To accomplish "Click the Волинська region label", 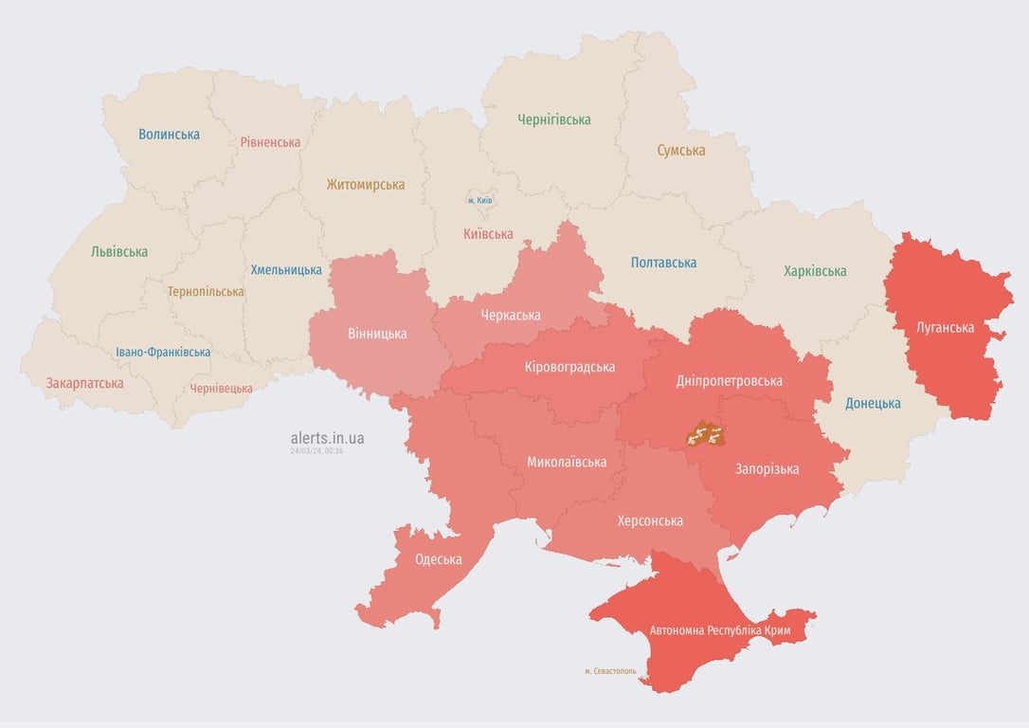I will [x=169, y=135].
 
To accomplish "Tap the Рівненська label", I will [x=270, y=142].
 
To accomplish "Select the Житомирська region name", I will [x=365, y=185].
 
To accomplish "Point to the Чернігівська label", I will [x=553, y=119].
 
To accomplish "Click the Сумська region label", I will [x=680, y=151].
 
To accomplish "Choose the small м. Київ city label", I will [x=479, y=200].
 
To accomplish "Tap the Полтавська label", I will [x=663, y=263].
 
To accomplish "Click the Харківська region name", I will [x=815, y=271].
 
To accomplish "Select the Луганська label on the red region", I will [x=945, y=328].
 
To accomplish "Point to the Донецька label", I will [x=872, y=403].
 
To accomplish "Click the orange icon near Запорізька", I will [x=705, y=435].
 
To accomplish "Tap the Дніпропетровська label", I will [x=730, y=381].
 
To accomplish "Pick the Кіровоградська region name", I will [x=569, y=367].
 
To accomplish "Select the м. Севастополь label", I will [x=610, y=671].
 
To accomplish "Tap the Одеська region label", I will [x=438, y=559].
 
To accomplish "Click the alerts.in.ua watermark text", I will [x=327, y=438].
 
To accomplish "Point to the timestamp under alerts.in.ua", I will [x=316, y=451].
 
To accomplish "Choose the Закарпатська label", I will [x=84, y=384].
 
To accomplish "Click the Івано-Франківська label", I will [x=163, y=352].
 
